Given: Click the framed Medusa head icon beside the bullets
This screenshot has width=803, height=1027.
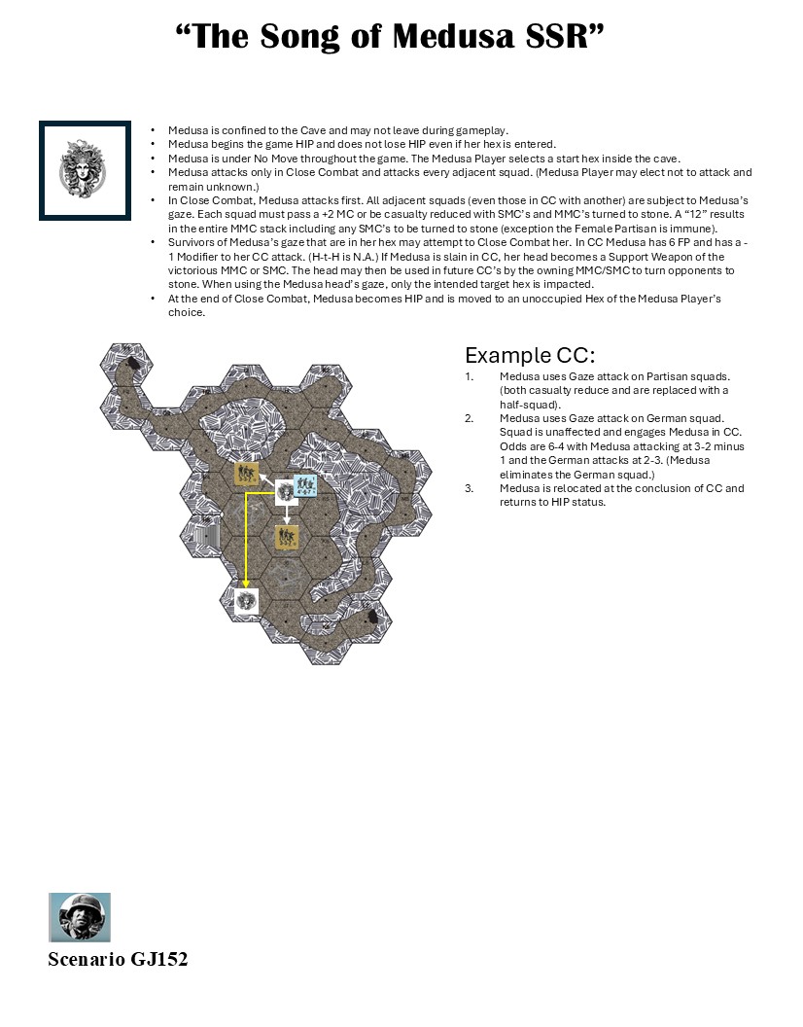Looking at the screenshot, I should point(85,170).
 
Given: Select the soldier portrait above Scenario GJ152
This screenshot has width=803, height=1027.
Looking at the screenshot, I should point(80,917).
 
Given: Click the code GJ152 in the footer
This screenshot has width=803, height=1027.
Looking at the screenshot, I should point(158,960).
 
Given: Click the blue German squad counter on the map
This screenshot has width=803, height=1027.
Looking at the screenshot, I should point(305,485).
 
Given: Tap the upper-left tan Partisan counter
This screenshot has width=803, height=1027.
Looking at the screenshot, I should point(246,475).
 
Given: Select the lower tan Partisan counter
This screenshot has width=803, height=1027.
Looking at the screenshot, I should point(286,537).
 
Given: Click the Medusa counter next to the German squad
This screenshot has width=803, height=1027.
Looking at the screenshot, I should point(285,491).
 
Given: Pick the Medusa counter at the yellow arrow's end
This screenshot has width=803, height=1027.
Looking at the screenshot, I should point(246,600).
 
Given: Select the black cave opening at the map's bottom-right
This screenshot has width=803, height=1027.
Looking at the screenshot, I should point(372,618).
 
